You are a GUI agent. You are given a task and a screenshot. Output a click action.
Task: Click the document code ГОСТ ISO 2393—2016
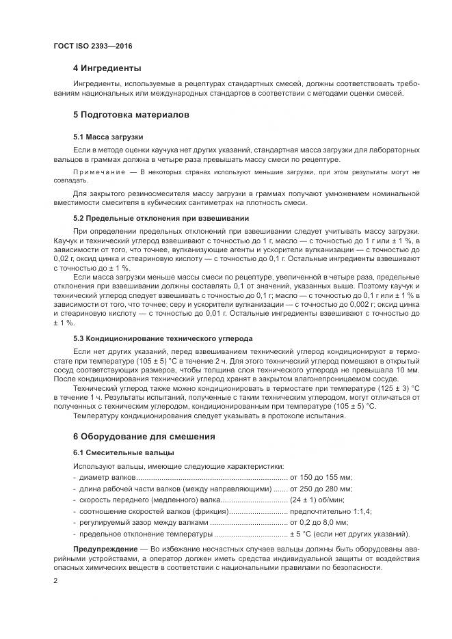coord(92,46)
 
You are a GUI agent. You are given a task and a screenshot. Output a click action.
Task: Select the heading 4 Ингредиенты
coord(107,68)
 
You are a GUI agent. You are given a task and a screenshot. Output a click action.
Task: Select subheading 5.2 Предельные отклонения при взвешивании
coord(161,218)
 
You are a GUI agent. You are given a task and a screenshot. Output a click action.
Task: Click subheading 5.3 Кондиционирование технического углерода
coord(163,338)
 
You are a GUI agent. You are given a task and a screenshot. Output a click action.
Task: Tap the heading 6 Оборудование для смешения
coord(144,436)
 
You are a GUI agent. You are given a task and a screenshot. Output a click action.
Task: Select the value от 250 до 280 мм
coord(321,489)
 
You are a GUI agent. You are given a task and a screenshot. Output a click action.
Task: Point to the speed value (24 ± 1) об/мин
coord(317,500)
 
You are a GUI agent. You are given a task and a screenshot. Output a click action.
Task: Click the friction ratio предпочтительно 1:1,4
coord(330,511)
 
